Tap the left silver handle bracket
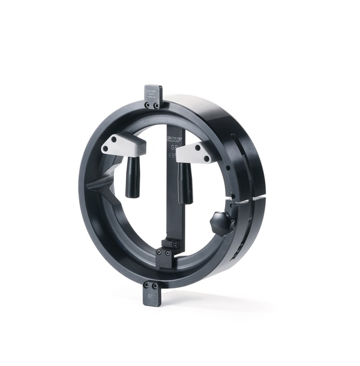click(122, 145)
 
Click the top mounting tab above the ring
click(153, 96)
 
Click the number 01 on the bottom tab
click(151, 295)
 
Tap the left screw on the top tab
click(148, 105)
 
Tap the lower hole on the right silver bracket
click(208, 160)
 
